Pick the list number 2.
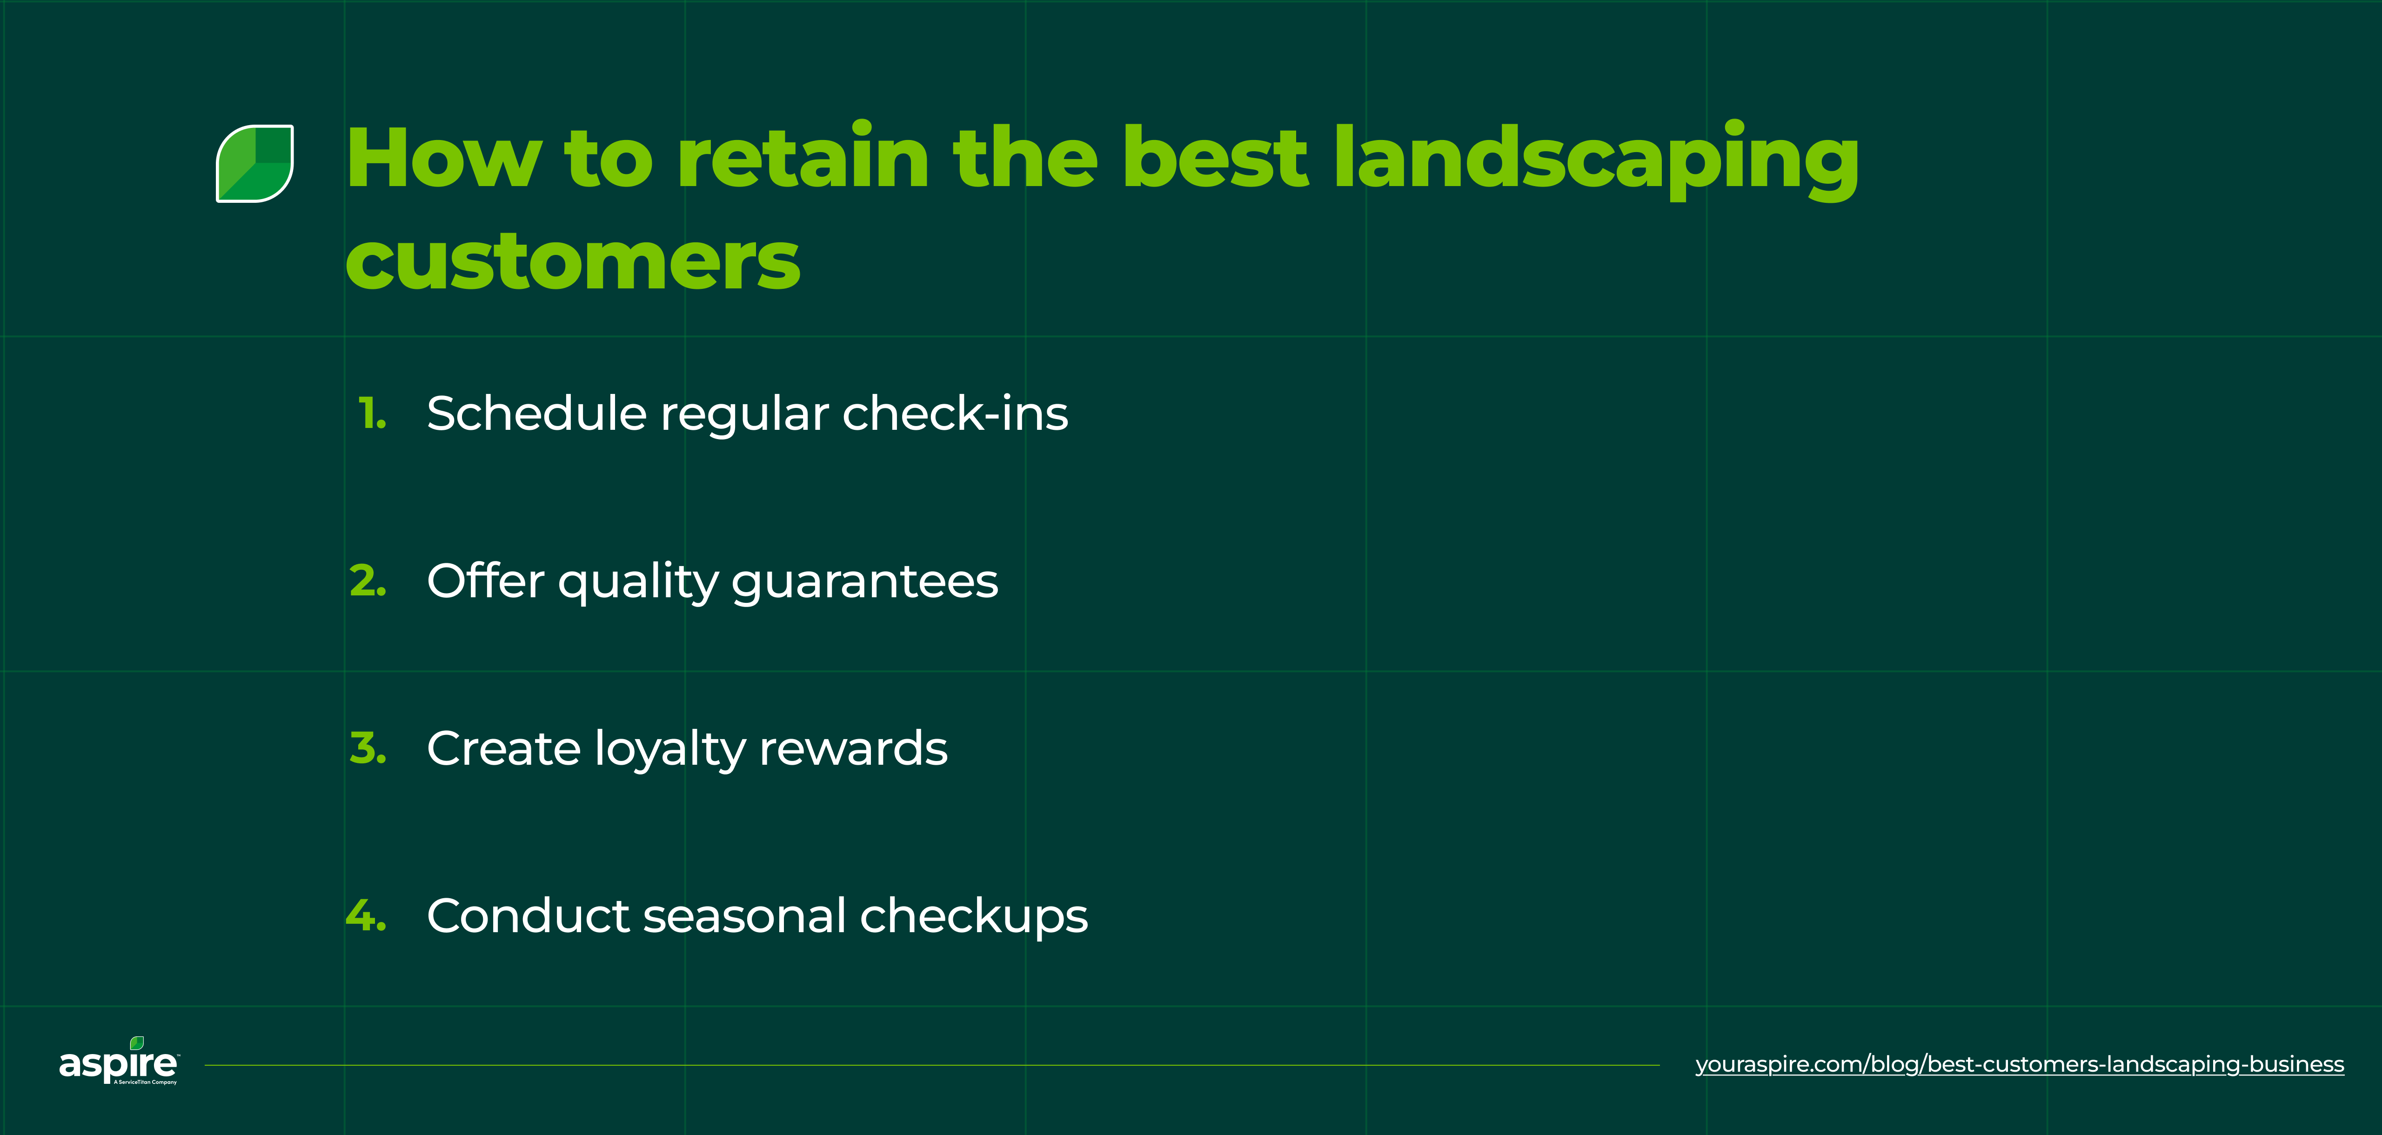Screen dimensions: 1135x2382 pyautogui.click(x=368, y=581)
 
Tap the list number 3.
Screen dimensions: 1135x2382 pyautogui.click(x=368, y=748)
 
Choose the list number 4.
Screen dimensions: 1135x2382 pyautogui.click(x=366, y=916)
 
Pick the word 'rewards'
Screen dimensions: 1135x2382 pyautogui.click(x=853, y=748)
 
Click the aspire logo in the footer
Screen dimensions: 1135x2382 pyautogui.click(x=118, y=1063)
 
